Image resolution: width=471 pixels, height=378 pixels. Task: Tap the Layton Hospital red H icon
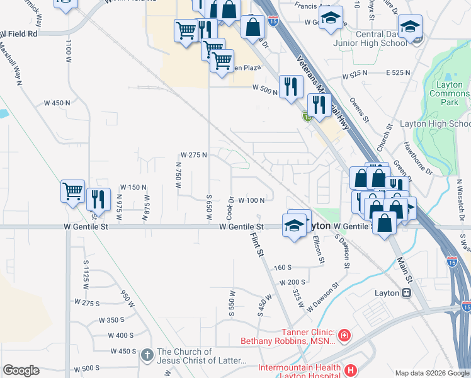pos(351,369)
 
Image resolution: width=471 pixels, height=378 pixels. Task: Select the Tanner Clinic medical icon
pos(344,335)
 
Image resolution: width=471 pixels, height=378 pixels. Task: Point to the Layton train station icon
pos(407,293)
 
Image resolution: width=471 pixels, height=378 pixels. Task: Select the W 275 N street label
pos(193,154)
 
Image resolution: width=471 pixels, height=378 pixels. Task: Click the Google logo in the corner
pos(21,370)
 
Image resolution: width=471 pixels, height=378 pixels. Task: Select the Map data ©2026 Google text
pos(432,373)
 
